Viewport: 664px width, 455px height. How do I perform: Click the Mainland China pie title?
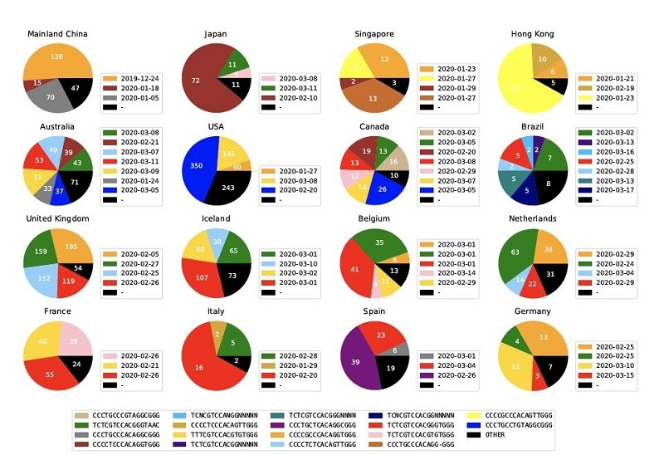(57, 34)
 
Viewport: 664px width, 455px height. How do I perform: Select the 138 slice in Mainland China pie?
(57, 56)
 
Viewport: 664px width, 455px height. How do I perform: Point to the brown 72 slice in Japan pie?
(197, 81)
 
